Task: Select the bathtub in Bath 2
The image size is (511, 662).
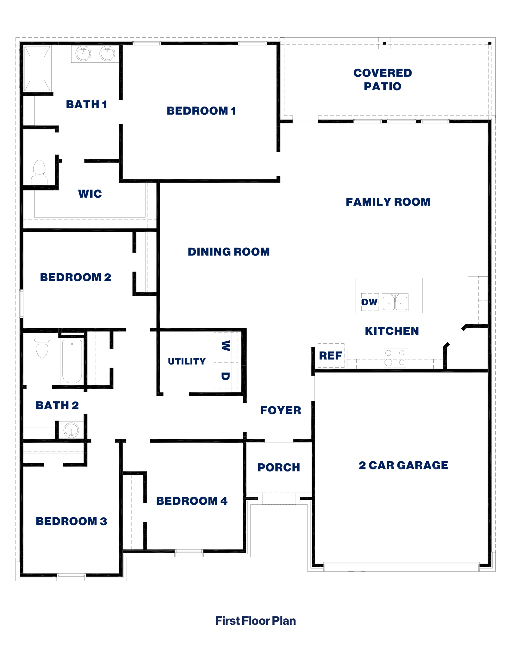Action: [x=72, y=361]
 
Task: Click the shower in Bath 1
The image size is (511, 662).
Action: [x=37, y=69]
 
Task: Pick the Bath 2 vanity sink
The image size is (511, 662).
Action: [x=71, y=430]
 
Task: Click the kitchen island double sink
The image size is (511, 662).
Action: [x=395, y=302]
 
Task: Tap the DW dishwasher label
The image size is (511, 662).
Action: [x=370, y=302]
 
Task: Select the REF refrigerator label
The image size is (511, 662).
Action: [x=331, y=355]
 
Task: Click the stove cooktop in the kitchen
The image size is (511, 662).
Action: [x=395, y=358]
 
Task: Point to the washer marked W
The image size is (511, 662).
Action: [x=225, y=345]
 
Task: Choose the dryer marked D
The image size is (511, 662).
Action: [x=225, y=376]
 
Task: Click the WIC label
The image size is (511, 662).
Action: [x=90, y=194]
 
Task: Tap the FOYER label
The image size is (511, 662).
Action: [x=281, y=410]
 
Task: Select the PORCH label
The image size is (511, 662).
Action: [x=279, y=467]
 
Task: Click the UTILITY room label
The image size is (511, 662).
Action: [x=186, y=361]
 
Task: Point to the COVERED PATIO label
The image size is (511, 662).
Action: [x=383, y=79]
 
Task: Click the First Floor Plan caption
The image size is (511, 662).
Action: [x=255, y=621]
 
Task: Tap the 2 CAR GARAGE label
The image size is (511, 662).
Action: [x=403, y=465]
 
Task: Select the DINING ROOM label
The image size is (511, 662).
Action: [x=228, y=252]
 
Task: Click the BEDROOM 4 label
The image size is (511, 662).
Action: [x=192, y=501]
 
